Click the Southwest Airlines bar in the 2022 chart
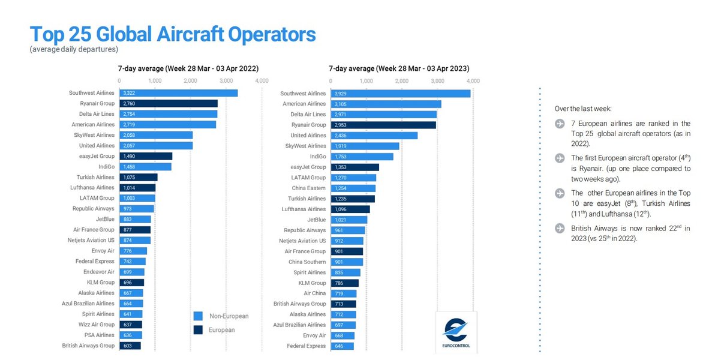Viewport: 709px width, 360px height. [178, 93]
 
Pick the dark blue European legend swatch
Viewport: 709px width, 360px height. [198, 329]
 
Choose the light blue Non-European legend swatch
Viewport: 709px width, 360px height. [198, 316]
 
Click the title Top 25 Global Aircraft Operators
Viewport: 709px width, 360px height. [173, 34]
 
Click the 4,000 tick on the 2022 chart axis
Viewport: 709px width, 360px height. [262, 80]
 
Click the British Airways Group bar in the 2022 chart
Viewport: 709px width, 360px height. [130, 346]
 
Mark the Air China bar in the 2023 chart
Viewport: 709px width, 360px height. [343, 293]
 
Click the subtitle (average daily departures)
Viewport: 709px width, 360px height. [73, 49]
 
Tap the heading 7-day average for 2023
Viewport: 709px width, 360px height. [399, 68]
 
